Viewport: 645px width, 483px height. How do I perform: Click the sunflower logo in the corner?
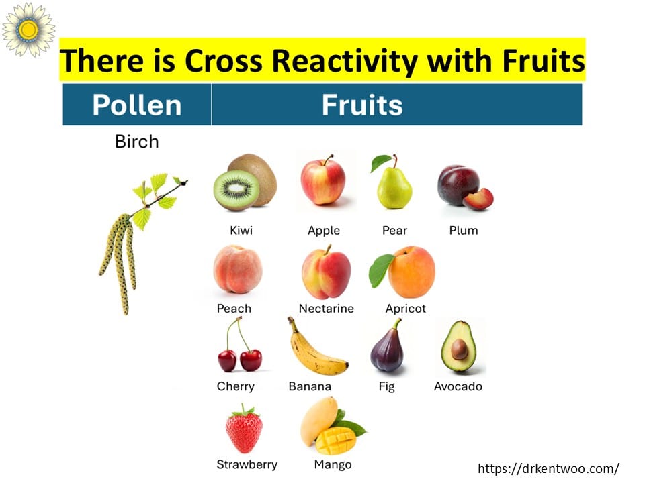(x=28, y=29)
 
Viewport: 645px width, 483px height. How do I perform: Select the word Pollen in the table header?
(x=137, y=105)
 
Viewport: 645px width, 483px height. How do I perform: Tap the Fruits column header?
(x=362, y=105)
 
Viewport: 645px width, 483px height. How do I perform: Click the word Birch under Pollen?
(x=137, y=142)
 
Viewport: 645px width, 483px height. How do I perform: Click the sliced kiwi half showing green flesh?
(x=236, y=190)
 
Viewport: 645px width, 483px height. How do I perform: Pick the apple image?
(x=323, y=180)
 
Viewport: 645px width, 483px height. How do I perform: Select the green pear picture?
(x=394, y=182)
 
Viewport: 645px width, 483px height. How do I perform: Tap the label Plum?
(x=464, y=230)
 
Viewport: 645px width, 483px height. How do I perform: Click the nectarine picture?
(x=327, y=272)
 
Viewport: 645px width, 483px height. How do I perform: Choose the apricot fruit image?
(x=403, y=272)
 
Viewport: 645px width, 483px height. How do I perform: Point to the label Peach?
(x=234, y=309)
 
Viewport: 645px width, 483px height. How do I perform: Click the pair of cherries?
(x=239, y=345)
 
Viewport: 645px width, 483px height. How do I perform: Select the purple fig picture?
(x=388, y=347)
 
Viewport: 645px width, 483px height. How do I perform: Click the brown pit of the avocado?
(x=460, y=350)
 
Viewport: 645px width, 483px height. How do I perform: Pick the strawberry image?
(x=244, y=429)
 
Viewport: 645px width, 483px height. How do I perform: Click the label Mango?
(x=333, y=464)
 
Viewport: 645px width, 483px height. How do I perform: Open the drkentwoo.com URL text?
(x=549, y=468)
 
